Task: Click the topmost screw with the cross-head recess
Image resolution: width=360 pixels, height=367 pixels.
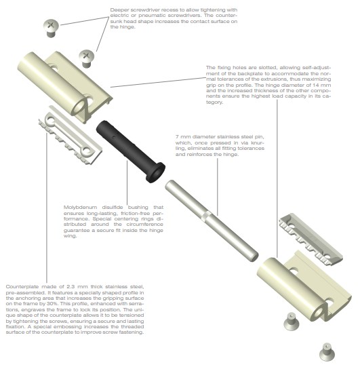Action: pyautogui.click(x=51, y=28)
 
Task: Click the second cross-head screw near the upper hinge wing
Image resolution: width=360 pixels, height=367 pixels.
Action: pyautogui.click(x=86, y=58)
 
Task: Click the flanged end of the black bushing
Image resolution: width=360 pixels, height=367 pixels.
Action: pyautogui.click(x=155, y=172)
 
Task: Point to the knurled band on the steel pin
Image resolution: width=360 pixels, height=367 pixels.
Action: pyautogui.click(x=206, y=216)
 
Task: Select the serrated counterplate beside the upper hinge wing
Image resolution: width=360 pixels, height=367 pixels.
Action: pyautogui.click(x=71, y=136)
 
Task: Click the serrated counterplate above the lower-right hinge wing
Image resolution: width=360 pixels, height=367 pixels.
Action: pyautogui.click(x=311, y=239)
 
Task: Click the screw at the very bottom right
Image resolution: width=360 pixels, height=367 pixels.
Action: pyautogui.click(x=327, y=352)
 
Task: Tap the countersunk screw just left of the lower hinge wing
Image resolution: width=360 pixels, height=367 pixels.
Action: pyautogui.click(x=292, y=322)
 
